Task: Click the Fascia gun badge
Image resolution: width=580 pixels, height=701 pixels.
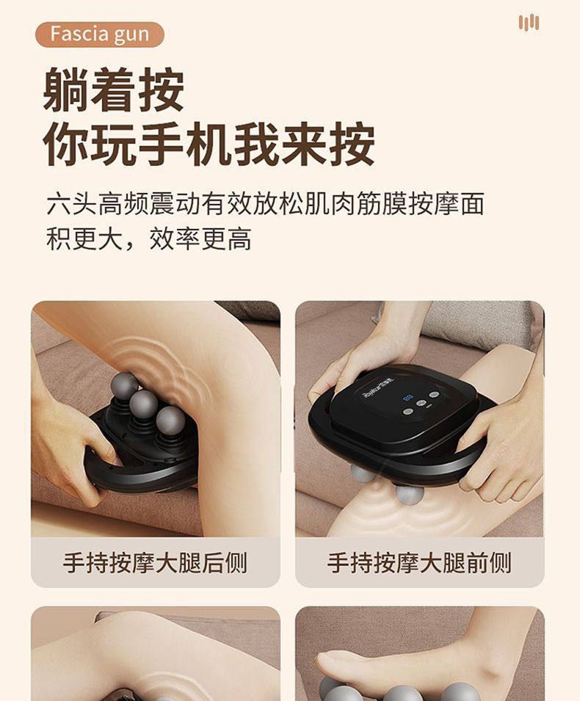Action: (99, 34)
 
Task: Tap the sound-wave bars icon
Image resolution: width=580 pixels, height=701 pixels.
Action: (529, 22)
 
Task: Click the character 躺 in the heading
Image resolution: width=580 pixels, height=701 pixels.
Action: (65, 90)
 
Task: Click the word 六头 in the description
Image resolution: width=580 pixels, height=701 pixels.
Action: (71, 204)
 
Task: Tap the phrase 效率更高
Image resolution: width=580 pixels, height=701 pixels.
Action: (200, 239)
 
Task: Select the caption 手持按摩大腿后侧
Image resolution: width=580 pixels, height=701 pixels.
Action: (155, 562)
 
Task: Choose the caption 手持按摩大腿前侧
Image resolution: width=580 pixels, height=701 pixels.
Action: (419, 562)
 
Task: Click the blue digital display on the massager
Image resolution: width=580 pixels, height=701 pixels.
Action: (407, 396)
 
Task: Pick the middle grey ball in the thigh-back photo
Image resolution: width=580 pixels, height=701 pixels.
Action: (144, 404)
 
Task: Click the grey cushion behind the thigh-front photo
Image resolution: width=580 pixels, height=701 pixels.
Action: (479, 319)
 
